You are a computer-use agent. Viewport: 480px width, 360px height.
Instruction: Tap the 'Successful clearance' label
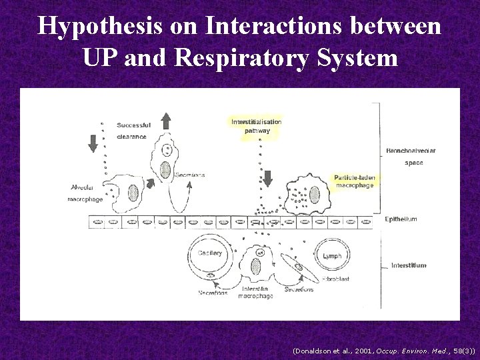pyautogui.click(x=133, y=131)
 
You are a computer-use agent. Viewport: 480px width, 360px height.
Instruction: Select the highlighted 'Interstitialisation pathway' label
pyautogui.click(x=257, y=126)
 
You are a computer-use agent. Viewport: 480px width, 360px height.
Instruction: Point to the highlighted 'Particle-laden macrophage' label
pyautogui.click(x=355, y=181)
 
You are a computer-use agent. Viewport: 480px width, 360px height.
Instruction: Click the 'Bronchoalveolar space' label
pyautogui.click(x=411, y=156)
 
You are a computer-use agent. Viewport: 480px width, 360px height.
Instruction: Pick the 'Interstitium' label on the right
pyautogui.click(x=408, y=265)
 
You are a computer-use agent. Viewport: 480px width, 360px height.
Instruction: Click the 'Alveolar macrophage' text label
pyautogui.click(x=85, y=193)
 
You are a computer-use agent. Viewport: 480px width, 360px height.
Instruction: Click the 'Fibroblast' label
pyautogui.click(x=335, y=279)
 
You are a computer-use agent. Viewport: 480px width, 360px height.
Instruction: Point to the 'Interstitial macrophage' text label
pyautogui.click(x=257, y=292)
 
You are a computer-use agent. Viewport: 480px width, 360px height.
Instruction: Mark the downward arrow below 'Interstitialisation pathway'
pyautogui.click(x=268, y=179)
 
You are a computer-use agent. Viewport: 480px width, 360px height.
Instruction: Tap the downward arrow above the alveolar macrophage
pyautogui.click(x=93, y=143)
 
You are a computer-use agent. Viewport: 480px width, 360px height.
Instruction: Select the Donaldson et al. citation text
pyautogui.click(x=383, y=349)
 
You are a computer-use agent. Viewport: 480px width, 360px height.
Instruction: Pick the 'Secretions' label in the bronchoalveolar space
pyautogui.click(x=189, y=175)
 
